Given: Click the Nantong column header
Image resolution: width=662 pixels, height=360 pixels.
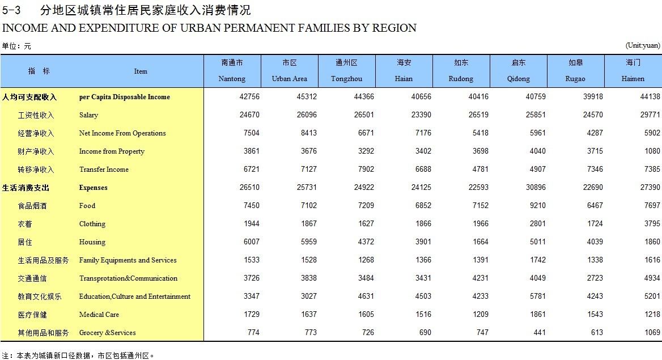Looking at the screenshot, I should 232,71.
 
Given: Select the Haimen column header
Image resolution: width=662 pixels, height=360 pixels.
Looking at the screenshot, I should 633,71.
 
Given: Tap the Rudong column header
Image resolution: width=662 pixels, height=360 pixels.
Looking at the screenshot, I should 461,71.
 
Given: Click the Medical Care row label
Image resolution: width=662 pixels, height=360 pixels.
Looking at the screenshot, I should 99,315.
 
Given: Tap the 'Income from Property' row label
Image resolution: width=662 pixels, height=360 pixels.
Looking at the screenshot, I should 112,151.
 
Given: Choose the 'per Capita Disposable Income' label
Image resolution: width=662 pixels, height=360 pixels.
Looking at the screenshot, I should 124,97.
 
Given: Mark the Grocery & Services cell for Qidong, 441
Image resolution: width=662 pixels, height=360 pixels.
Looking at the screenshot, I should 539,333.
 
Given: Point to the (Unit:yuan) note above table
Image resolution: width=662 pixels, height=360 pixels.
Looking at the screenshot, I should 643,45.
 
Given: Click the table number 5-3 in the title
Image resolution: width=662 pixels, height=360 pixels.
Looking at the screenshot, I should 12,10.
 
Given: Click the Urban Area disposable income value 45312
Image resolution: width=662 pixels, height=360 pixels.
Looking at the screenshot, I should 307,97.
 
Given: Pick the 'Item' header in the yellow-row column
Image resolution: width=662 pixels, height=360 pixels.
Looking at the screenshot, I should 141,71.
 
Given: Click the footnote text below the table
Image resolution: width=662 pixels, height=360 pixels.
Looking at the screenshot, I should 78,355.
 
